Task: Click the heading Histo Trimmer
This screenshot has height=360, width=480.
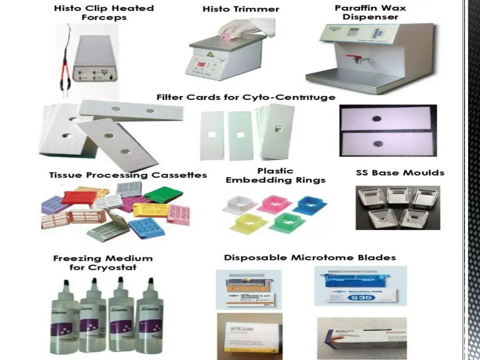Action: coord(241,9)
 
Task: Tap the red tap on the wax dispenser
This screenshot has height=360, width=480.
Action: coord(347,60)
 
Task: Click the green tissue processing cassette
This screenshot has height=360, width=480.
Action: coord(163,194)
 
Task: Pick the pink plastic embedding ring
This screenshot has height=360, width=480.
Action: coord(274,203)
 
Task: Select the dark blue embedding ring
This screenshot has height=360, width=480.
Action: coord(310,204)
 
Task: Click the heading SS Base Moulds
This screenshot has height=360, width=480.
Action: coord(400,172)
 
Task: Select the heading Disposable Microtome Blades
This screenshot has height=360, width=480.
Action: coord(310,257)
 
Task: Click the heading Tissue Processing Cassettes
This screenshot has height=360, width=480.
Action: coord(128,175)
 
